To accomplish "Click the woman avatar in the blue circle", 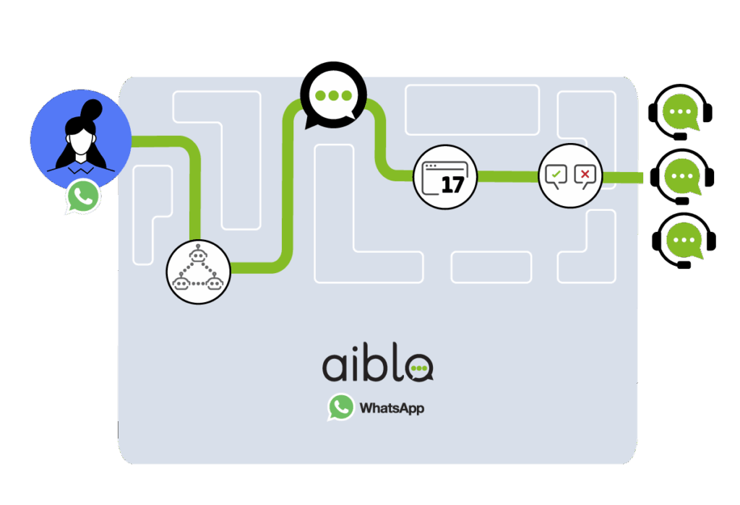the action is click(x=81, y=139).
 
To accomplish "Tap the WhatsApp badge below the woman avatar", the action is click(x=83, y=197).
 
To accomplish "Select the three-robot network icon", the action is click(x=198, y=272).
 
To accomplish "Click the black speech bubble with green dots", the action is click(x=334, y=95).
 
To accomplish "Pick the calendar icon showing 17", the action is click(x=445, y=177).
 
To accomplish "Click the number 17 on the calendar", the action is click(x=452, y=184).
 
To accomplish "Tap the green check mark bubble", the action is click(x=556, y=176).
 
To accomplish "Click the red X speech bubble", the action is click(x=585, y=176).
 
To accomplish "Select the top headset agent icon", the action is click(x=680, y=112).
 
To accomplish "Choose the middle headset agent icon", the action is click(x=682, y=176).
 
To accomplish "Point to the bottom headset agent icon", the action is click(x=684, y=241).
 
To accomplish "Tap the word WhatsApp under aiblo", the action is click(x=392, y=407).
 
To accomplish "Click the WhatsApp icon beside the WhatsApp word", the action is click(x=341, y=407).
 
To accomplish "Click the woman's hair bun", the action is click(x=92, y=110).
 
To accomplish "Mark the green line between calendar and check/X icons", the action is click(x=508, y=176).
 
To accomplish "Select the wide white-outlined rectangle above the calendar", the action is click(x=472, y=110).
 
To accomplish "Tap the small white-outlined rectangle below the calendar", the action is click(x=491, y=267).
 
